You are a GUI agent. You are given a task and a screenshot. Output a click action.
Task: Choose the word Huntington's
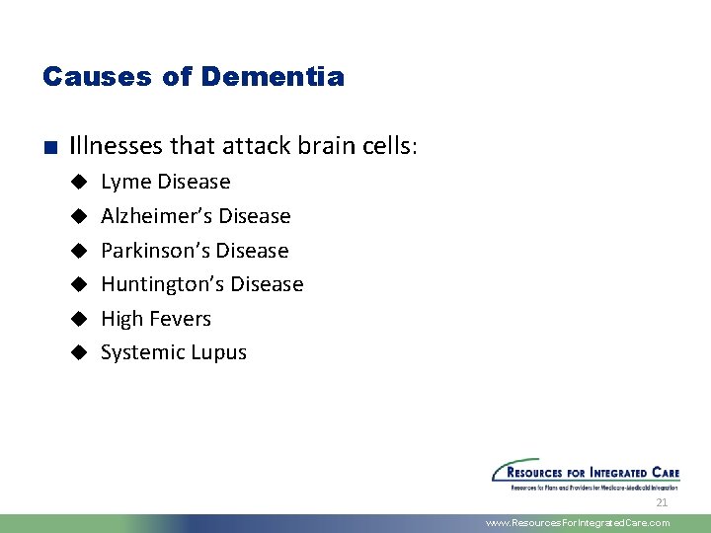pos(162,284)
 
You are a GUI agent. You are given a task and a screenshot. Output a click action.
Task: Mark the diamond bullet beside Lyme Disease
pos(80,183)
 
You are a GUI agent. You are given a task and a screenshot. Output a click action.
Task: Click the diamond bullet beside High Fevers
pos(80,319)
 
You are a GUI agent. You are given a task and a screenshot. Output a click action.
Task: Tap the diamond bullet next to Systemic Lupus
pos(80,352)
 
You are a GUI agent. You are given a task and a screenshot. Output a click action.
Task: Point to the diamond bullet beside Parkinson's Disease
pos(80,251)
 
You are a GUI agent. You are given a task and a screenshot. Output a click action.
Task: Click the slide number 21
pos(662,502)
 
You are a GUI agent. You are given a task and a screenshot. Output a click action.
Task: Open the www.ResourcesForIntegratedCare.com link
pos(578,523)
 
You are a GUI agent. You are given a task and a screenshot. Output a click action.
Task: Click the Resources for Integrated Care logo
pos(586,474)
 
